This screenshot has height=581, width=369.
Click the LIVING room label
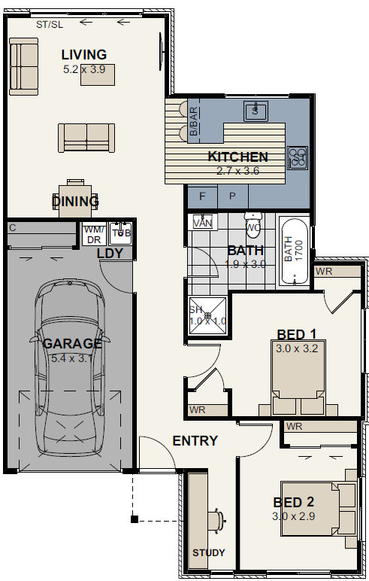(84, 55)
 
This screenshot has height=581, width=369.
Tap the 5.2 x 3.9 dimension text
(84, 68)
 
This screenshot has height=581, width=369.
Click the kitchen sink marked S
(256, 111)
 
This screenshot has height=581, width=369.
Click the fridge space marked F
(202, 196)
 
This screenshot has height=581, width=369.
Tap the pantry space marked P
(232, 196)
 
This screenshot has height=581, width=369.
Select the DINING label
(76, 202)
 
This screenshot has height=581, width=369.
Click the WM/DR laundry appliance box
(92, 234)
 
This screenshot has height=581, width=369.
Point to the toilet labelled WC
(253, 225)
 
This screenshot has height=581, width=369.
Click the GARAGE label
(72, 343)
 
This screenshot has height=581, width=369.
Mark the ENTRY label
(195, 441)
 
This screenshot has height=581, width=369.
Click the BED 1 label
(296, 334)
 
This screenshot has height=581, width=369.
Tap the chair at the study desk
(218, 518)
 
